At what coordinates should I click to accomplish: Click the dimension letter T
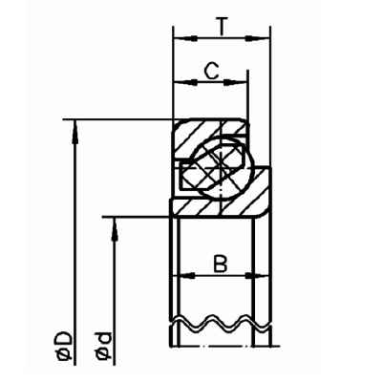(x=222, y=26)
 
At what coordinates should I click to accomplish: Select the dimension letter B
(x=219, y=261)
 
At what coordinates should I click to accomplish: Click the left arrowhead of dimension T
(x=179, y=40)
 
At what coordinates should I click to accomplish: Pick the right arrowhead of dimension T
(x=263, y=40)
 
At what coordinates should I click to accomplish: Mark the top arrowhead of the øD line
(x=73, y=125)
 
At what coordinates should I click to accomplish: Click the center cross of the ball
(x=219, y=164)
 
